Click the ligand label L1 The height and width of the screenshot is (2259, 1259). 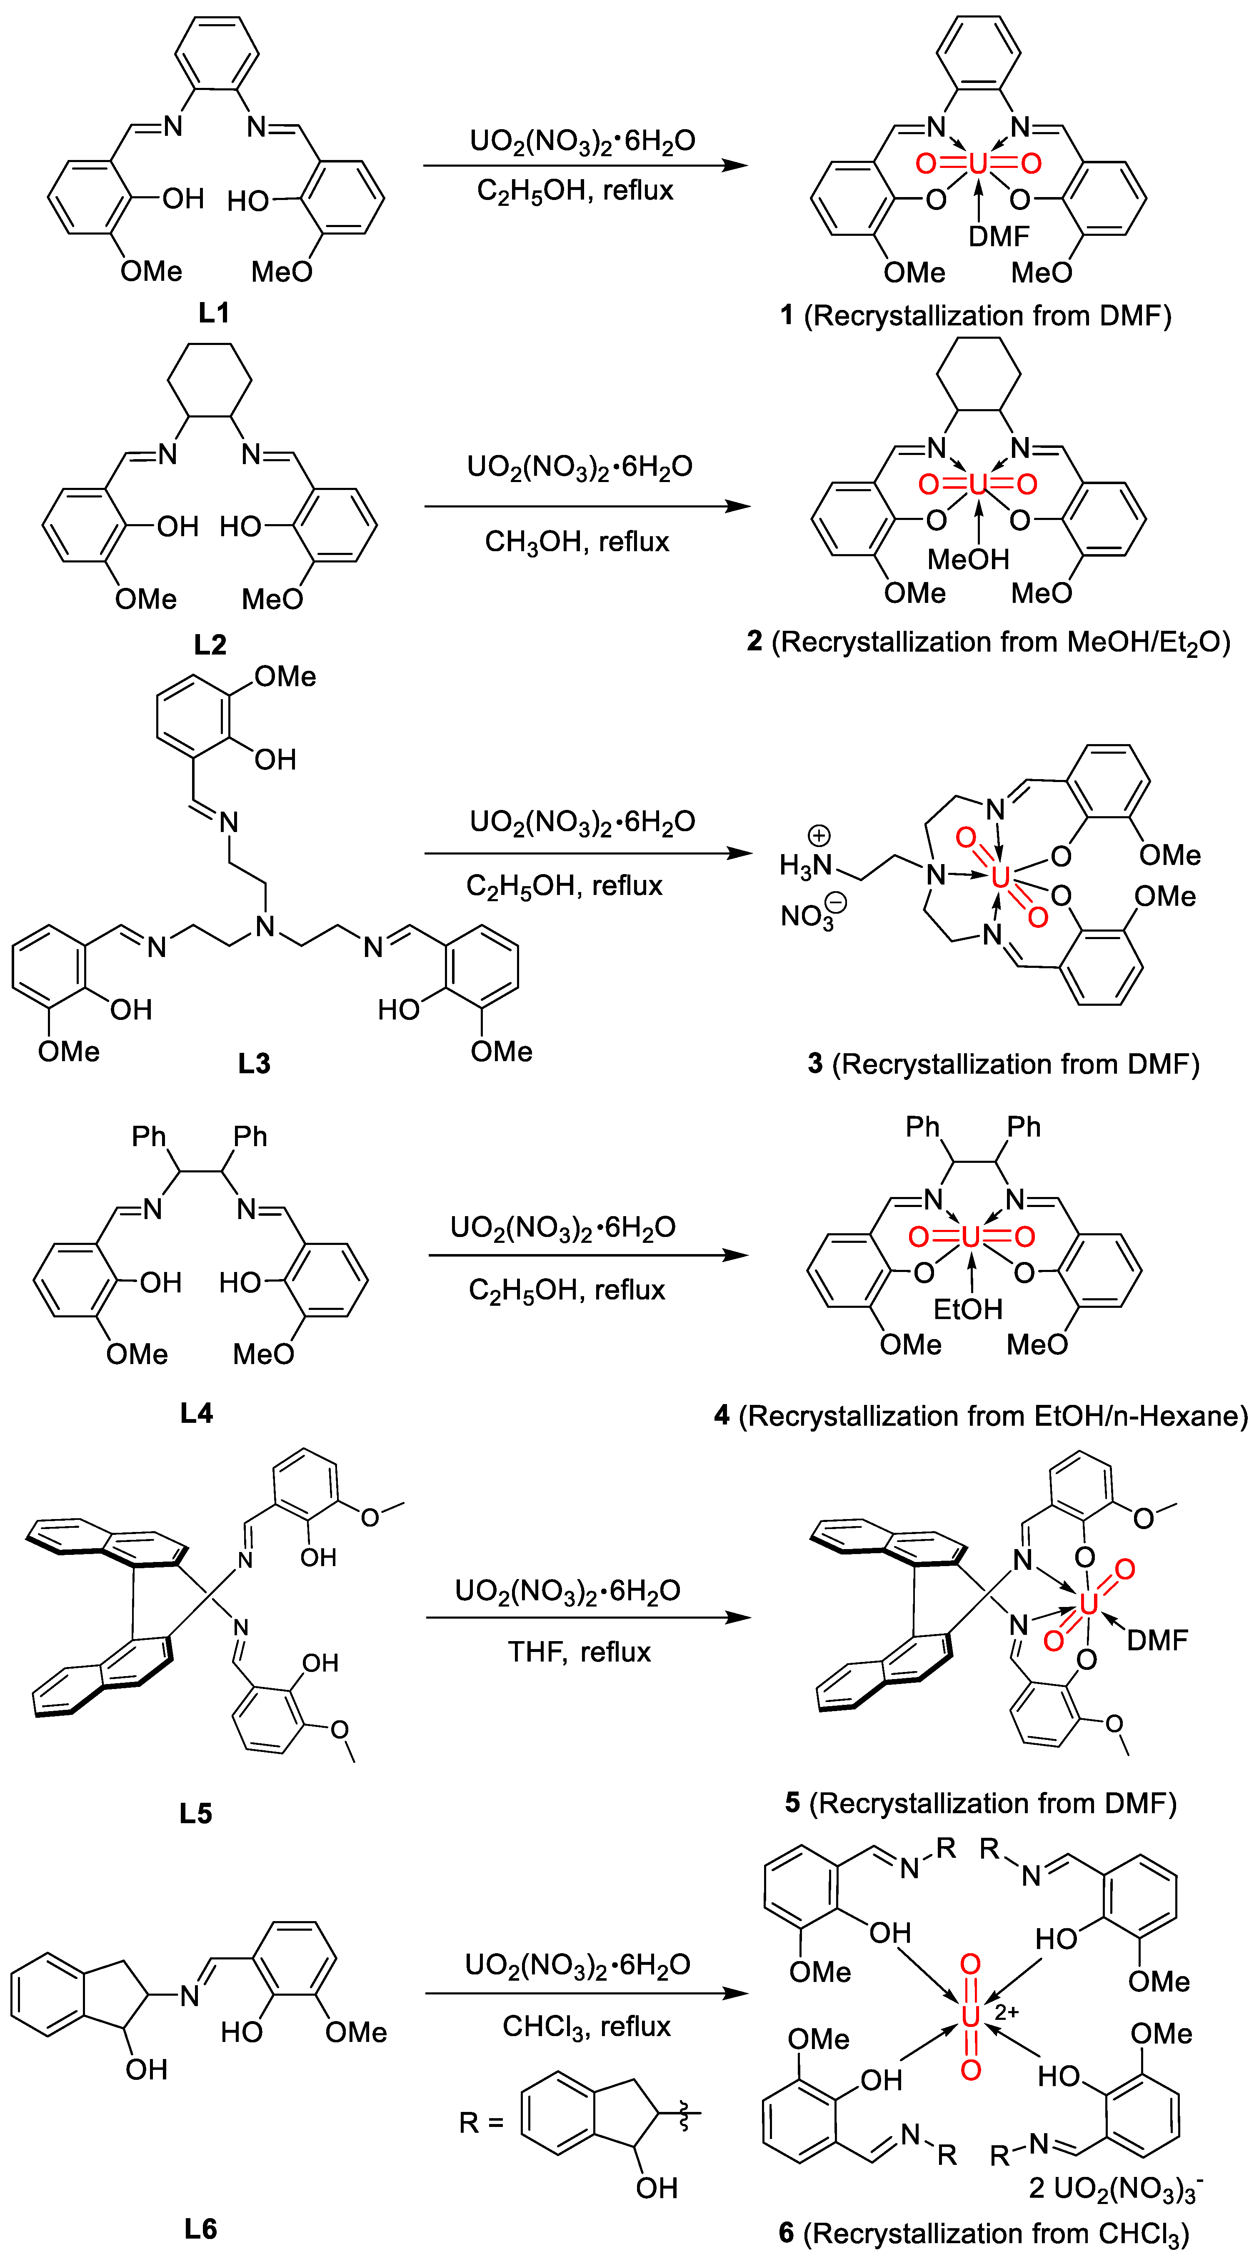click(213, 312)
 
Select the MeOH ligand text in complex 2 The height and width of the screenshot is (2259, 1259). click(968, 559)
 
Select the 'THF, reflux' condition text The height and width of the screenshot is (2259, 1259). click(580, 1652)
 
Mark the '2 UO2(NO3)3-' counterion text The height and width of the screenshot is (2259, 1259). click(1115, 2189)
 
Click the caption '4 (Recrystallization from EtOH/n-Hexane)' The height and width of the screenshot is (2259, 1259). click(980, 1416)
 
